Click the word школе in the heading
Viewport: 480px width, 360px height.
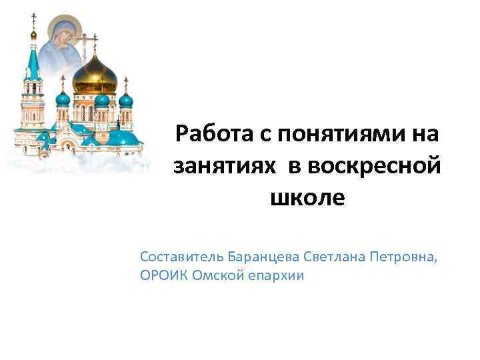[x=307, y=198]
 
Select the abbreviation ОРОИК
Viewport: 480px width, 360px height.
[x=164, y=275]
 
